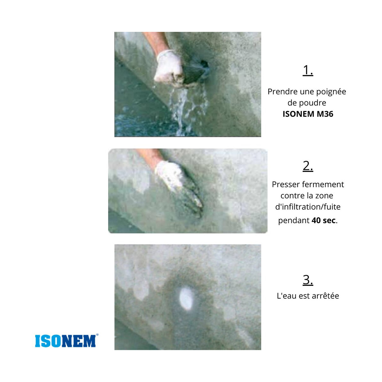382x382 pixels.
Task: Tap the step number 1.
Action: (x=308, y=70)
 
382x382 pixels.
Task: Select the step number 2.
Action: (x=308, y=166)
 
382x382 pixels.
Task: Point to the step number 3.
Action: (x=308, y=280)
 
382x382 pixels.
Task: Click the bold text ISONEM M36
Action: (x=308, y=114)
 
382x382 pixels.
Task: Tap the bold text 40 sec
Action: (x=324, y=220)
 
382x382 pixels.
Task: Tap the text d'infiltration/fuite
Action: (x=308, y=207)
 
